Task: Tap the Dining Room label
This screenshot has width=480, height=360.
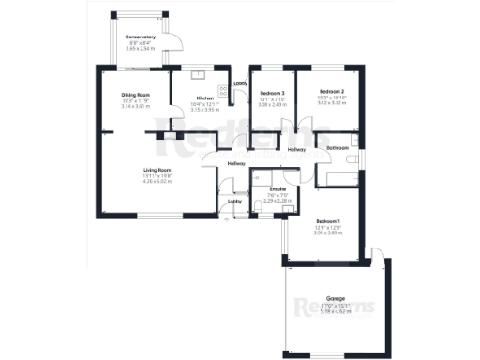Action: (x=136, y=96)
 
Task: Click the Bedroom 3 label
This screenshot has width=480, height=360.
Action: (x=272, y=93)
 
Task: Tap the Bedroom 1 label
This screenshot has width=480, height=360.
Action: (x=326, y=221)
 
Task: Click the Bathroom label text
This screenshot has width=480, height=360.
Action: (x=337, y=149)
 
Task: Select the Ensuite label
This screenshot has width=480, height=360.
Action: (x=277, y=189)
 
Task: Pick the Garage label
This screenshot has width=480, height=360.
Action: (x=336, y=298)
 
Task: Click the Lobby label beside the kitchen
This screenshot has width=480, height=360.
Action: (x=240, y=84)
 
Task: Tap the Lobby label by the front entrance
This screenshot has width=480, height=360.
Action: (x=234, y=202)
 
